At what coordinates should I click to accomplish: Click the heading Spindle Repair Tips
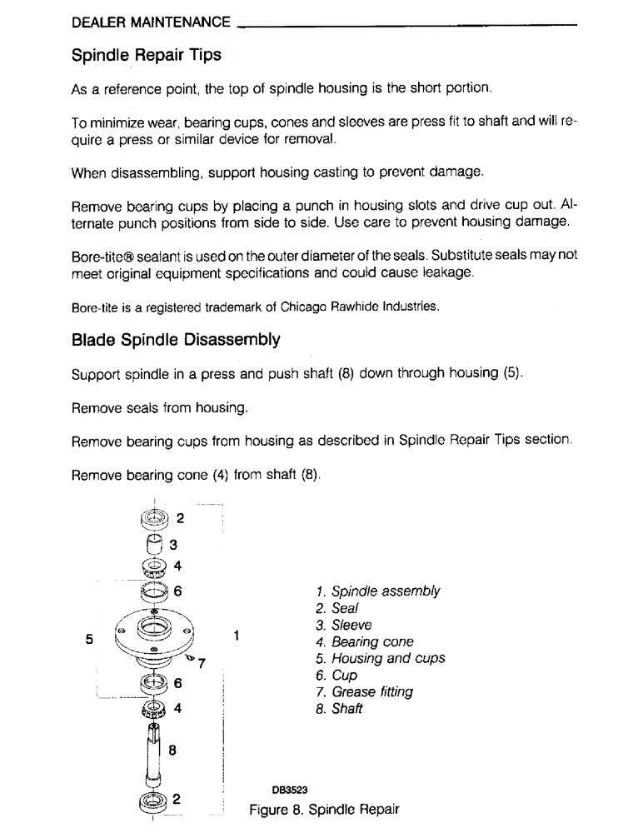(x=147, y=56)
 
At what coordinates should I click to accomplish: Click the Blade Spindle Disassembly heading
(x=176, y=340)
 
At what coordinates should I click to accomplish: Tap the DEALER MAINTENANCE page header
(x=151, y=21)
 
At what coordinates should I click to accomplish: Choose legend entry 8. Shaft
(x=340, y=709)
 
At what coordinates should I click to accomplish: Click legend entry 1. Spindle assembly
(x=378, y=591)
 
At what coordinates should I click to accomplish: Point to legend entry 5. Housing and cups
(x=381, y=658)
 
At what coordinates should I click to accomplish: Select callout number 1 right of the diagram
(x=237, y=636)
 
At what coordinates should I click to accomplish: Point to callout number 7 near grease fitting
(x=202, y=663)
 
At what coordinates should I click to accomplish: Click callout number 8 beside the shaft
(x=172, y=750)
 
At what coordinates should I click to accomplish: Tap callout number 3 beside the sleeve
(x=173, y=546)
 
